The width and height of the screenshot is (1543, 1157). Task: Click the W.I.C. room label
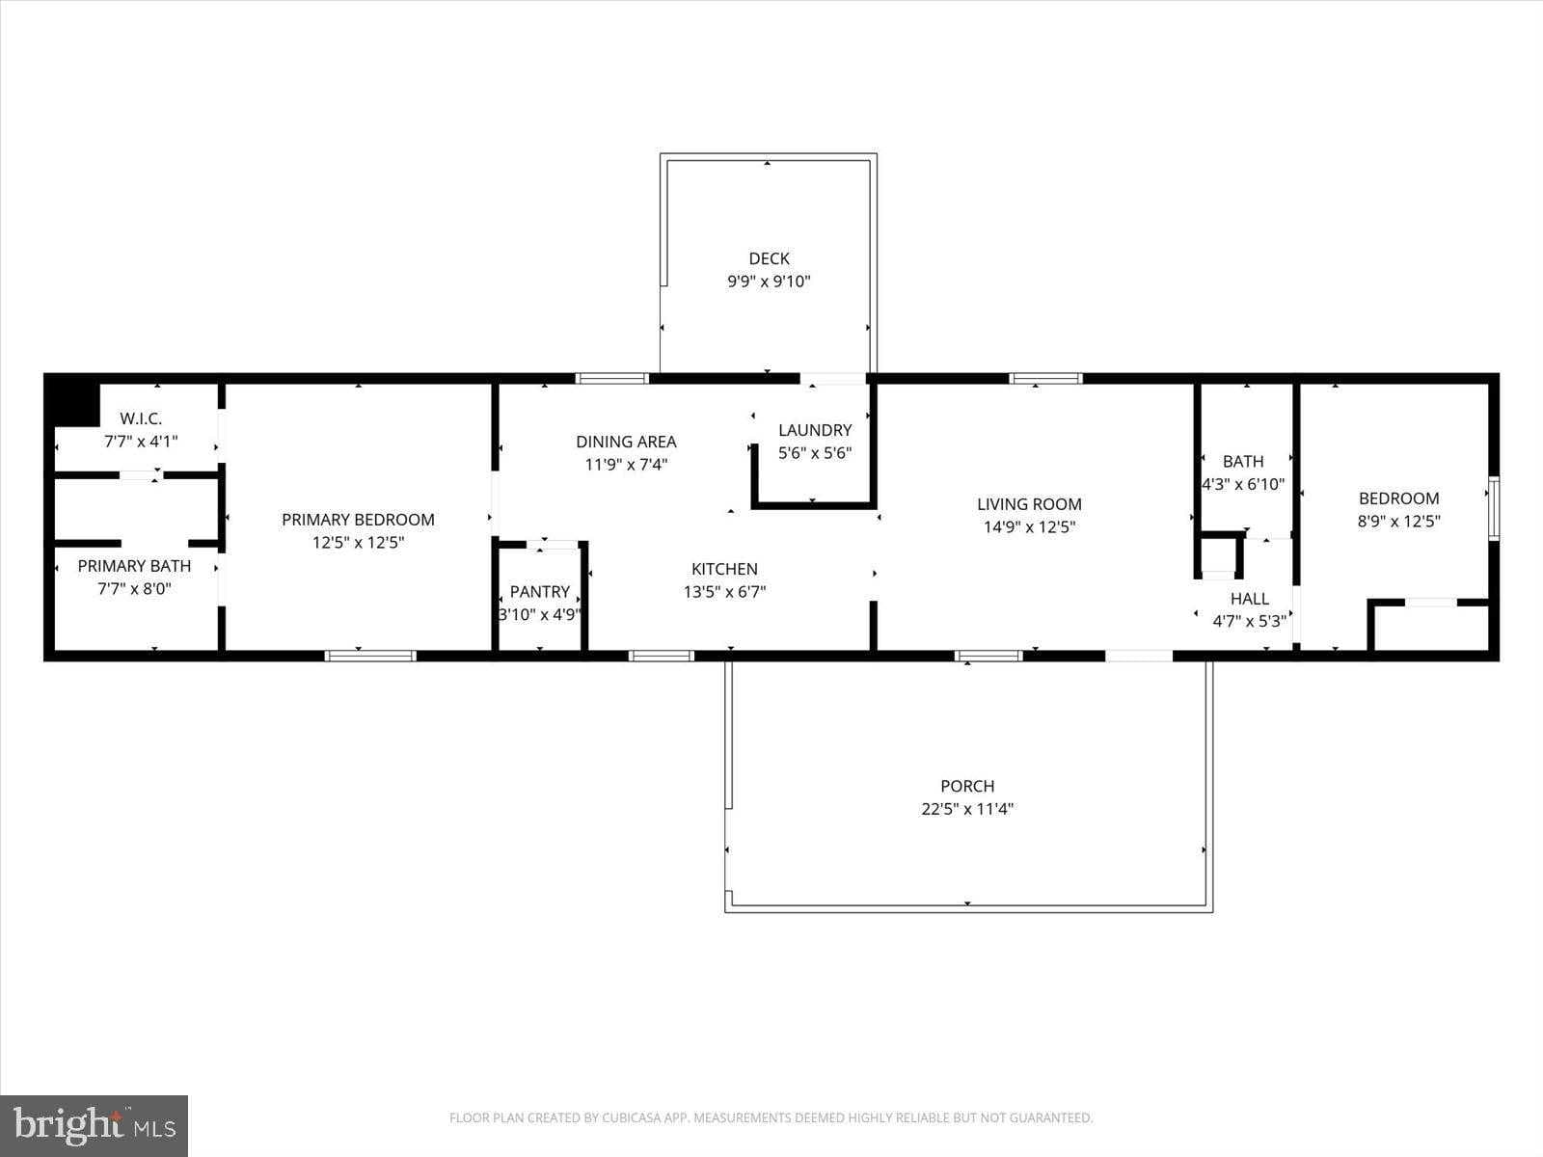pos(141,418)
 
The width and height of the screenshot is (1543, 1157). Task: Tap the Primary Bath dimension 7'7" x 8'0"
pos(134,589)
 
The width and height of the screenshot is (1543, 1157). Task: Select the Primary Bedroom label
pos(358,520)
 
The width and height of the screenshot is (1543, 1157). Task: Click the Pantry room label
pos(539,592)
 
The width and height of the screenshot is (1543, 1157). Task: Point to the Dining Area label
pos(626,442)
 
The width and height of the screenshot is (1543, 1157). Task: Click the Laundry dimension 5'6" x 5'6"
pos(815,453)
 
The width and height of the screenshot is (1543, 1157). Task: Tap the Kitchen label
pos(724,569)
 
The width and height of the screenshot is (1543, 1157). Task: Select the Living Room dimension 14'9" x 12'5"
pos(1029,527)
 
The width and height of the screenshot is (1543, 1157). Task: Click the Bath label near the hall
pos(1243,461)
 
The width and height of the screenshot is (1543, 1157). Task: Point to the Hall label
pos(1249,599)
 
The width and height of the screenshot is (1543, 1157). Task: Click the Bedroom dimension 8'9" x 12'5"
pos(1398,522)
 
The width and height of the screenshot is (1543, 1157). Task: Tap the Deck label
pos(769,258)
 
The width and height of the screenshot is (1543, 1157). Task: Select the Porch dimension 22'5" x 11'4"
pos(967,809)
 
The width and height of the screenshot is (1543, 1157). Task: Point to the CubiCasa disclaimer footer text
pos(771,1118)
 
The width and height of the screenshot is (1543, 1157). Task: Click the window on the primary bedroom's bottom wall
pos(370,656)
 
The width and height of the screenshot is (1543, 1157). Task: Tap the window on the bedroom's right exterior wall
pos(1493,507)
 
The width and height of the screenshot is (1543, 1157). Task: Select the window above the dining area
pos(612,379)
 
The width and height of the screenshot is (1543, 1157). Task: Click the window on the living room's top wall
pos(1045,379)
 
